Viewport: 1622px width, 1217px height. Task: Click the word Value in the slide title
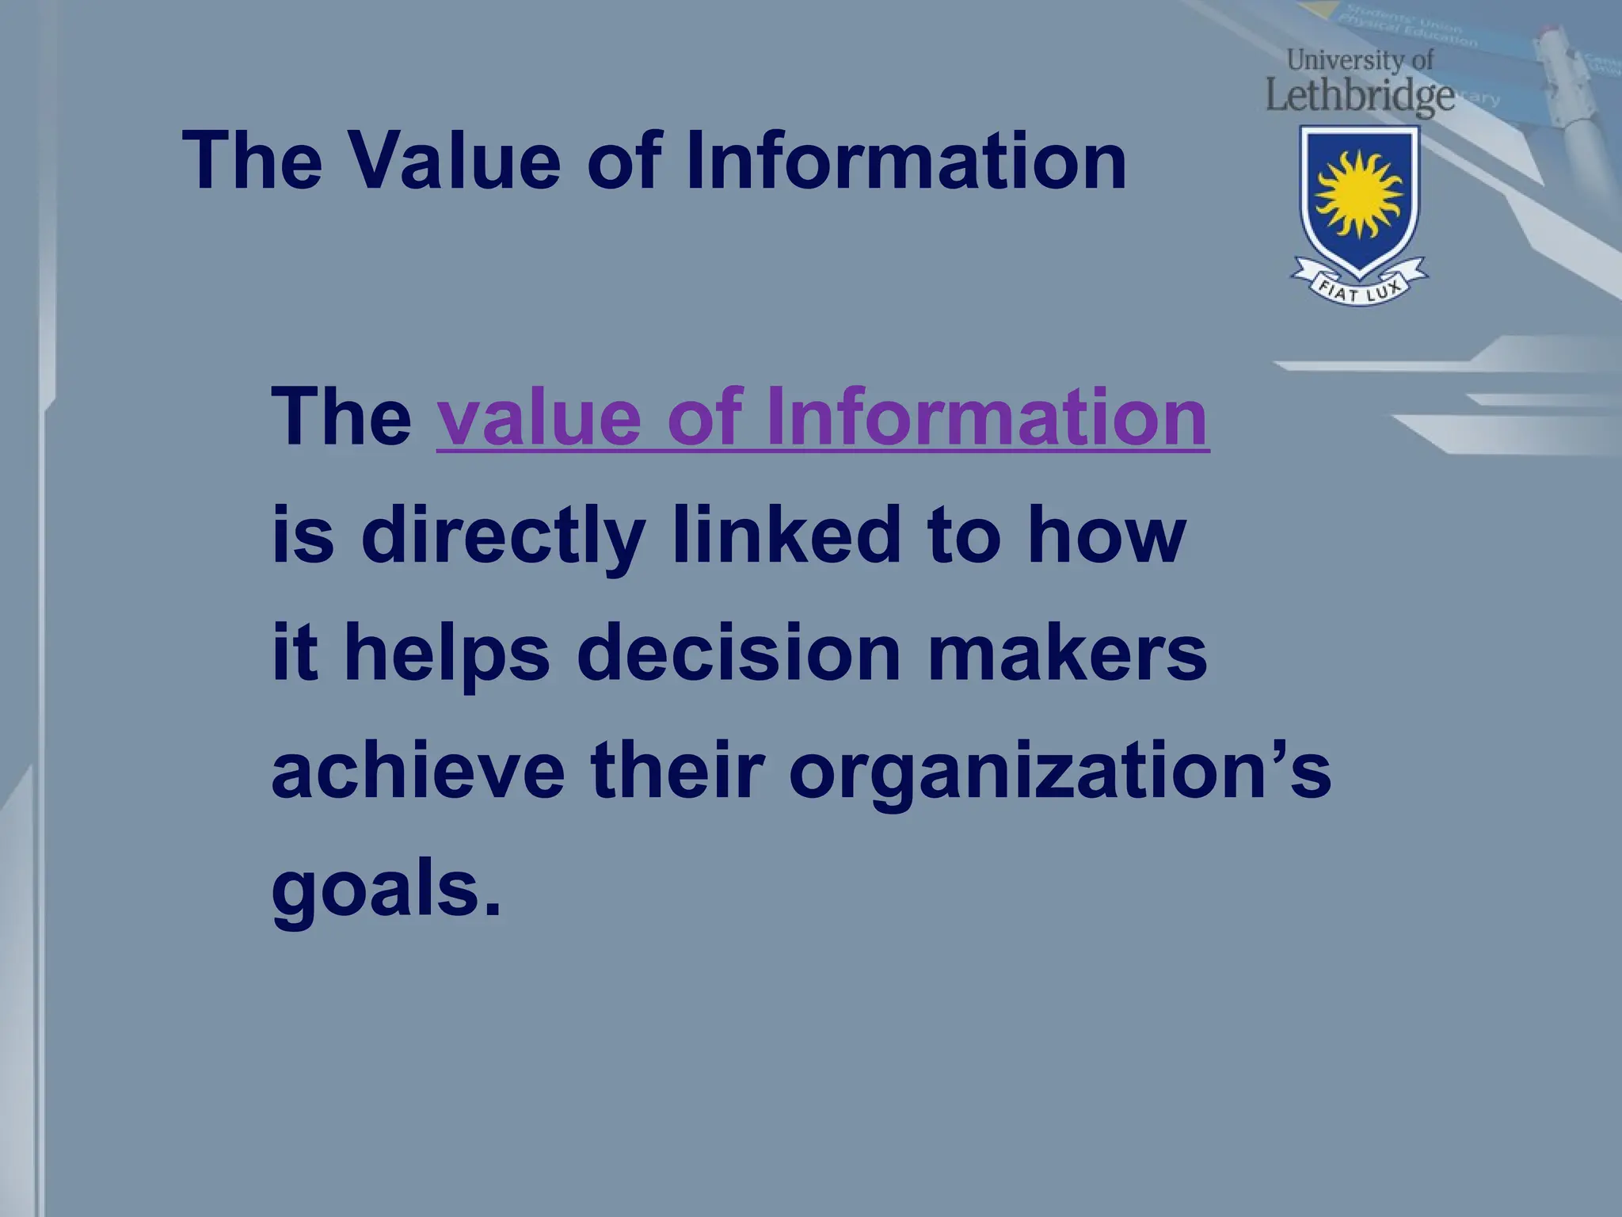(455, 161)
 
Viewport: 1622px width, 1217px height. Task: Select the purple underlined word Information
(987, 418)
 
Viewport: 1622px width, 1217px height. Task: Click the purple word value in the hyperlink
(539, 418)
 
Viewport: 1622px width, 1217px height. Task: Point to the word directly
(502, 537)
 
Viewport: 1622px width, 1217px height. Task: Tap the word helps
(447, 654)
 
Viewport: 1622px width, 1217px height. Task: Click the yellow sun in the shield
(1359, 195)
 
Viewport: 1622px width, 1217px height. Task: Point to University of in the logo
(1360, 59)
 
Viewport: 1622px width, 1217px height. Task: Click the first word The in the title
(253, 161)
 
